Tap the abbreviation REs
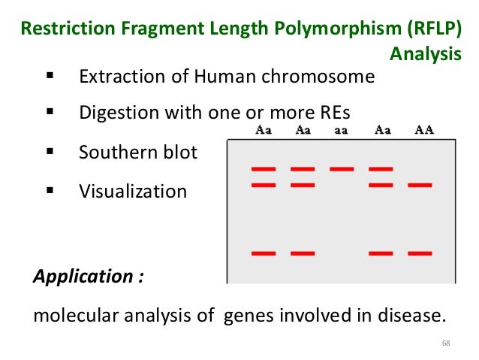click(333, 114)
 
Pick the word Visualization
click(133, 191)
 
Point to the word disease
click(413, 314)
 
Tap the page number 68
click(447, 343)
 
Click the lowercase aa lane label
click(342, 130)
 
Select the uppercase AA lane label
click(424, 130)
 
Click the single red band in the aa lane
click(342, 168)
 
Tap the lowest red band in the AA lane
click(419, 253)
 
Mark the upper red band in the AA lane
click(419, 183)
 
